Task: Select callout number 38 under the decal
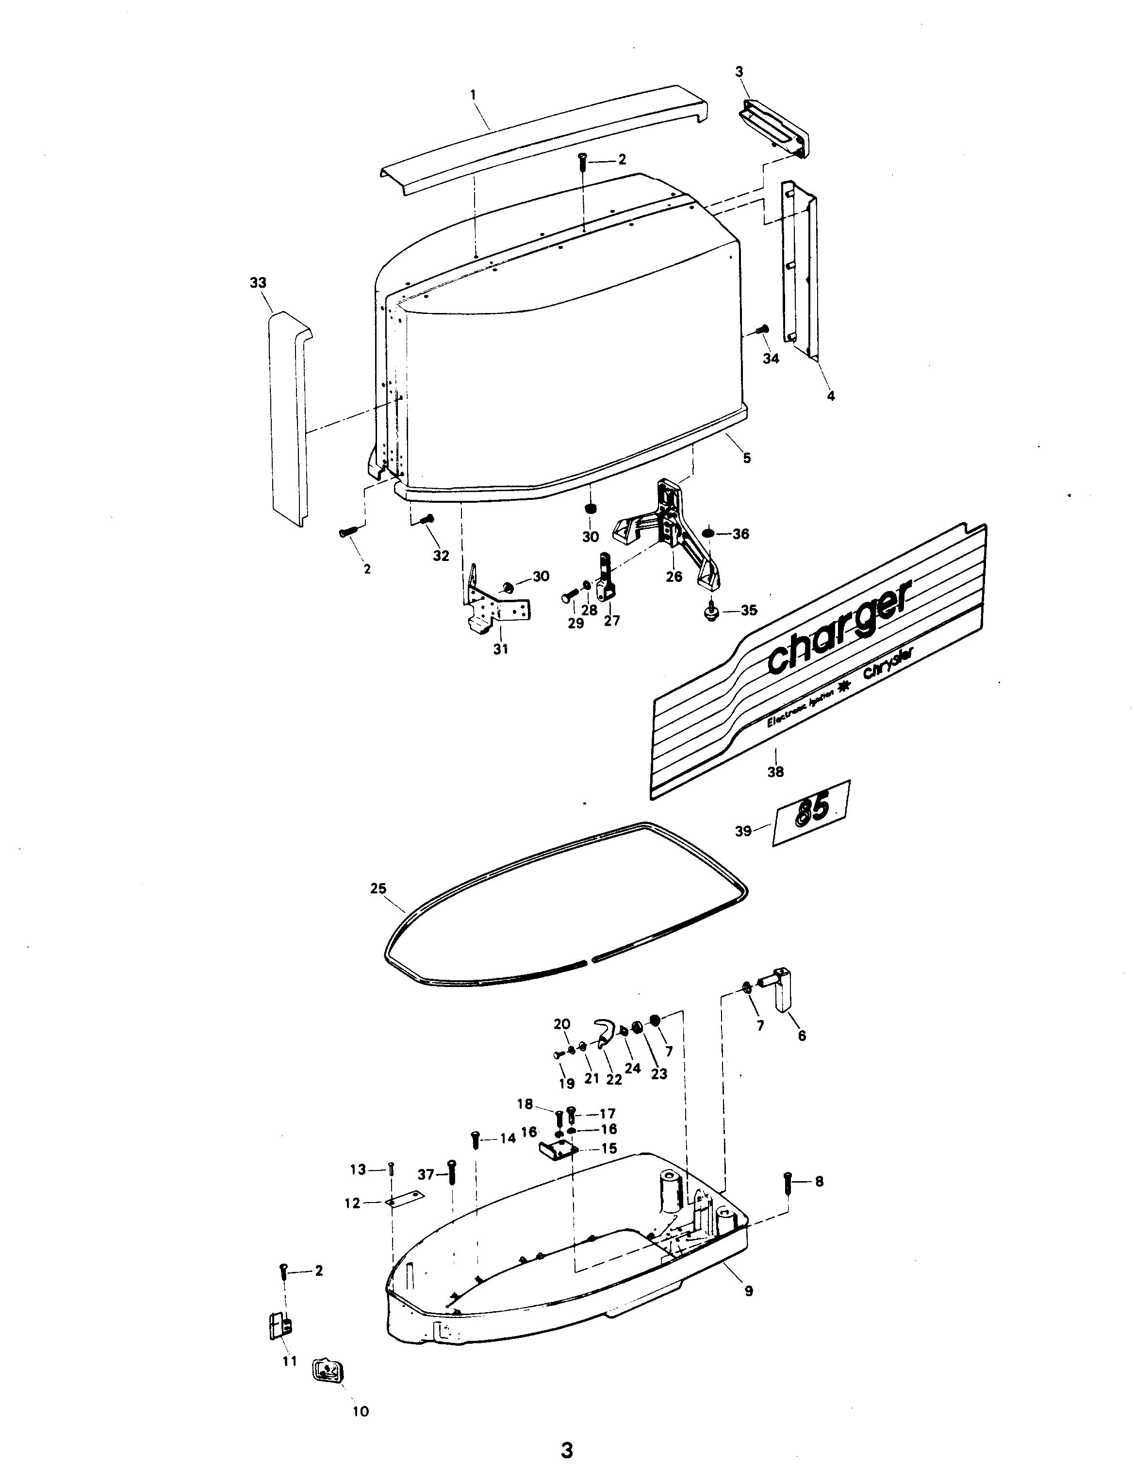point(775,772)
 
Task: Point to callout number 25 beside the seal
point(378,889)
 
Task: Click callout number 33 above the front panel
point(258,283)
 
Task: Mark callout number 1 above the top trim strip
point(473,95)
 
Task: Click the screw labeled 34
point(763,330)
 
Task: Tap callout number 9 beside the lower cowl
point(749,1291)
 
